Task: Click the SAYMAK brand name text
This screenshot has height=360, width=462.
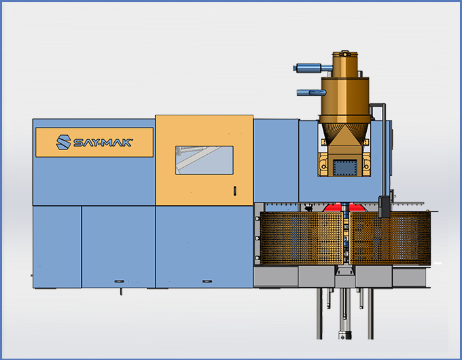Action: [103, 143]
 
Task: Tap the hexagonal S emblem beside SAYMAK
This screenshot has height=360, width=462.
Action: [63, 142]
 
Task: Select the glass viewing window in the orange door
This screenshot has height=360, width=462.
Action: [205, 160]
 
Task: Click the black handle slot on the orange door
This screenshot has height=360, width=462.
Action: [235, 191]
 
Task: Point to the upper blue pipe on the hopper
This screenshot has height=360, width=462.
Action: [313, 68]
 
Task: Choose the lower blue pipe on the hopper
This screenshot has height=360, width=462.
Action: [311, 92]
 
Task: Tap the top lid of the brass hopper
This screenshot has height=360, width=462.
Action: [345, 54]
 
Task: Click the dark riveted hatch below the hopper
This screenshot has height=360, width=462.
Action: [344, 168]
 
